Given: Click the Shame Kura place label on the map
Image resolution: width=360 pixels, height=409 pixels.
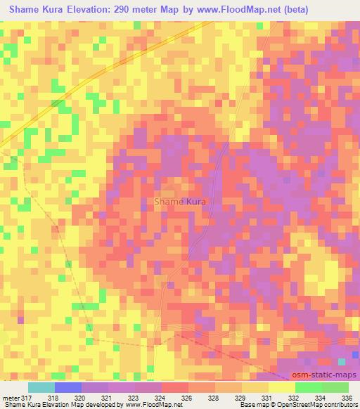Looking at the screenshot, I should point(181,202).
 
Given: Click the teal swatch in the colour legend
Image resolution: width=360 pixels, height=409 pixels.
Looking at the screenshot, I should point(41,387).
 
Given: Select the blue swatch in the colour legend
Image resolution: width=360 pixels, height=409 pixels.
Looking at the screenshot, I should point(67,387).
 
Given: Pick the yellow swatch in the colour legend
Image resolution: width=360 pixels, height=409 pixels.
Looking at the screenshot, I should point(281,387).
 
